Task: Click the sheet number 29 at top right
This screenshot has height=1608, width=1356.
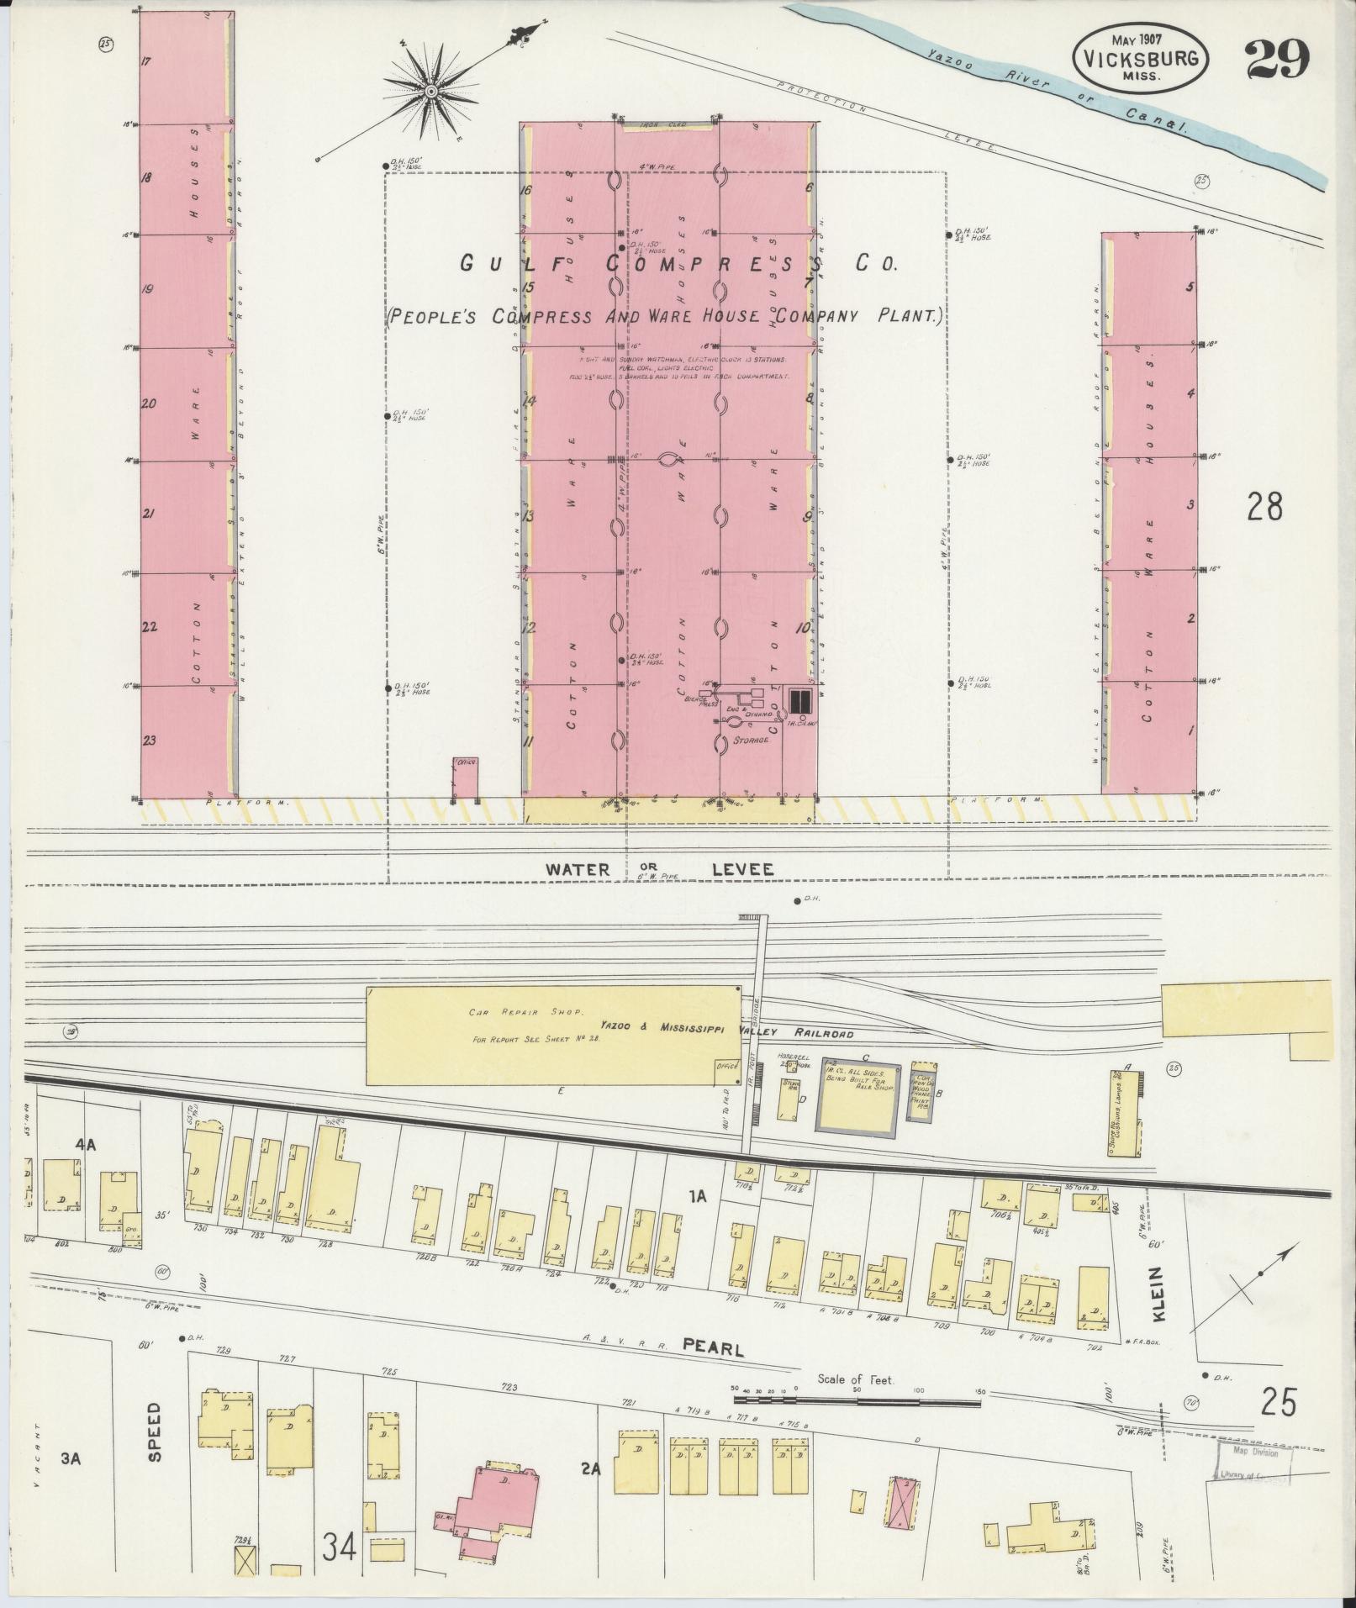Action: coord(1277,57)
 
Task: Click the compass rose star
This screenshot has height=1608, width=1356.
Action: coord(430,91)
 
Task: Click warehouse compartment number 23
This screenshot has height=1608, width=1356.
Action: coord(150,741)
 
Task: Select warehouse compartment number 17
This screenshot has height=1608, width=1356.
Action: coord(146,61)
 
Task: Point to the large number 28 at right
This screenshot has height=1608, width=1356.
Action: coord(1265,507)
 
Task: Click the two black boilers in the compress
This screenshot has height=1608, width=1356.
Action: coord(799,699)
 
